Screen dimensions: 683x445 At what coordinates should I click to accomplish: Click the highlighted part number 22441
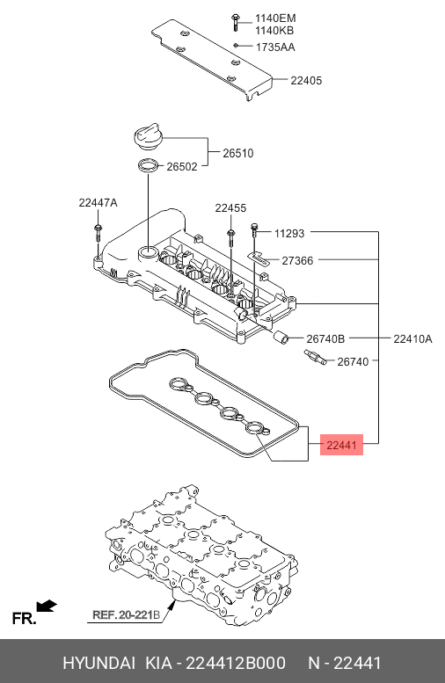(341, 447)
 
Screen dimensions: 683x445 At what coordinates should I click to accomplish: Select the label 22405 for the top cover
(306, 80)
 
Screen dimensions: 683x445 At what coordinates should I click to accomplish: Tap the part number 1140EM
(275, 18)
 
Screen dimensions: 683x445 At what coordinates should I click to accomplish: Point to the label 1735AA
(275, 47)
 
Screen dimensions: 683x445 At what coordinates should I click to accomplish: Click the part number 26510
(237, 153)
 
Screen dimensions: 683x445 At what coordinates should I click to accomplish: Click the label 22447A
(98, 202)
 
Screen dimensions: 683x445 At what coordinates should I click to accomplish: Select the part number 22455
(230, 207)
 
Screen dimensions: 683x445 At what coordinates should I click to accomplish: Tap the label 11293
(288, 233)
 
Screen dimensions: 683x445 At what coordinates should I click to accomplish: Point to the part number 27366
(297, 260)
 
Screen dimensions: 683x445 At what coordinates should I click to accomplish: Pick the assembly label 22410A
(412, 338)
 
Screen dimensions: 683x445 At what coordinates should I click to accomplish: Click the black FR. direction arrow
(47, 606)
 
